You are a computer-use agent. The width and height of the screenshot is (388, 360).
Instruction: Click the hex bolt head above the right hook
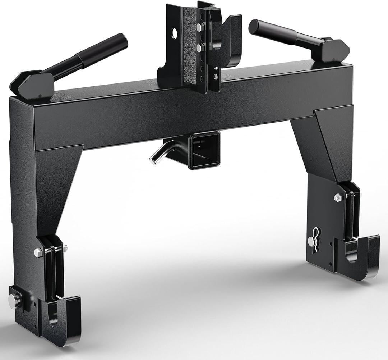pos(337,197)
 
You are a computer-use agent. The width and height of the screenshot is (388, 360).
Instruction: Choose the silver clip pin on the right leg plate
pos(315,239)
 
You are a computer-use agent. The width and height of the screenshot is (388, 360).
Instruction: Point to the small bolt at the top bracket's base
pos(215,76)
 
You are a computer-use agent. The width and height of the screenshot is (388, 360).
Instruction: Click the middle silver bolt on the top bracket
pos(198,47)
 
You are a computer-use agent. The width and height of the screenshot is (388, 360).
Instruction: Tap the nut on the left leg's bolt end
pos(65,249)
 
